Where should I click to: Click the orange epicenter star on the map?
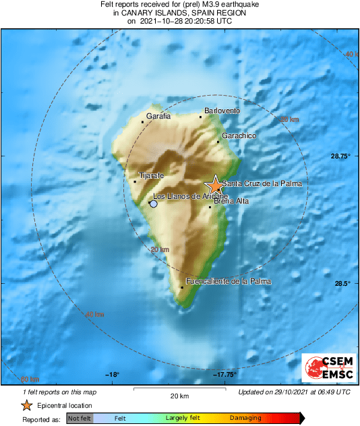214,185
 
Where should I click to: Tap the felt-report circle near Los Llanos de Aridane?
154,204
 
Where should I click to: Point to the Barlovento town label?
222,111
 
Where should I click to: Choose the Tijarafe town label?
151,176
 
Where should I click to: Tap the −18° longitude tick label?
112,375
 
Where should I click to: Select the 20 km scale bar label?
179,396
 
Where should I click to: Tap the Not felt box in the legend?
80,419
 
